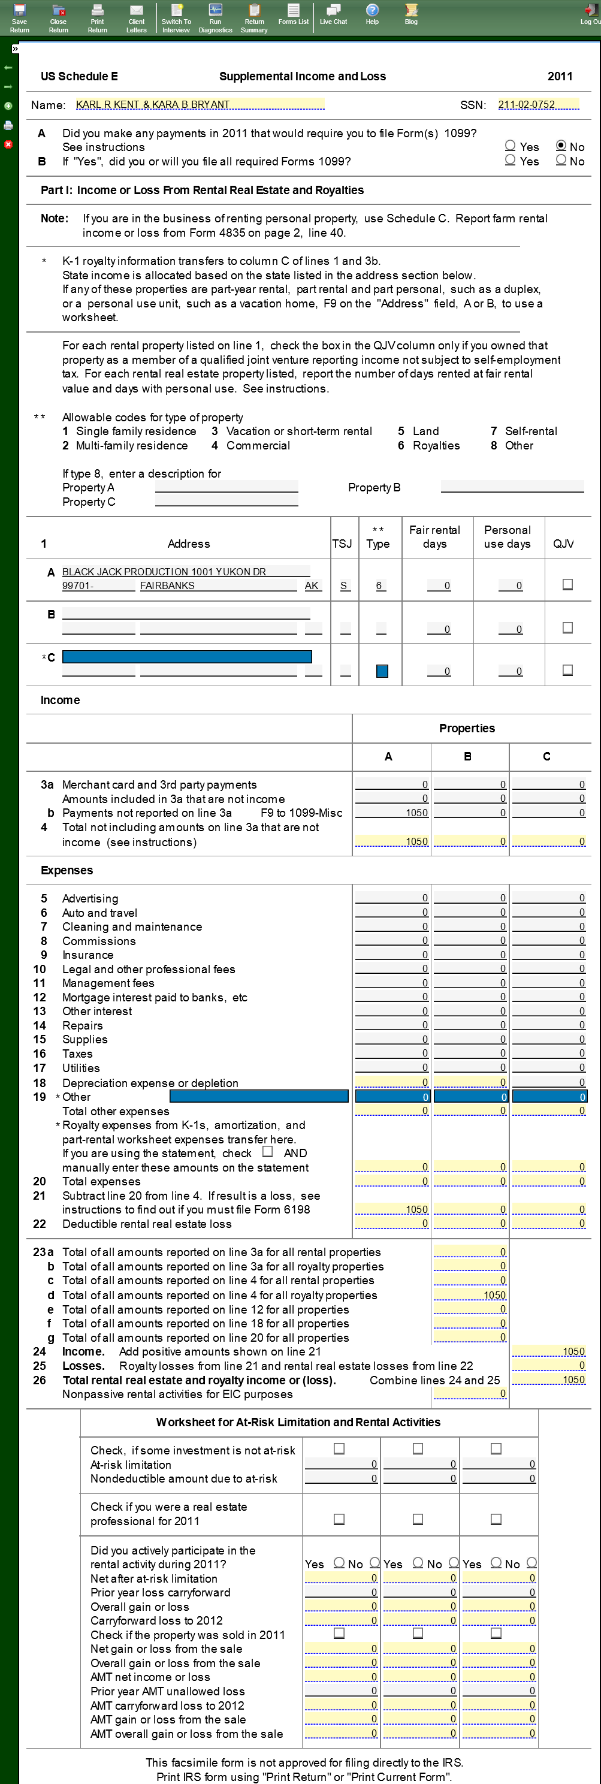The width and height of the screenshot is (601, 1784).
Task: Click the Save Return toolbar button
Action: tap(19, 18)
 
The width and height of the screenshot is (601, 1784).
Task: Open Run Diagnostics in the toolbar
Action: tap(215, 18)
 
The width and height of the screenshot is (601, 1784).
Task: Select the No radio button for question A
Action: tap(561, 146)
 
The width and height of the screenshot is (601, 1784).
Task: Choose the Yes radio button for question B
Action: tap(511, 161)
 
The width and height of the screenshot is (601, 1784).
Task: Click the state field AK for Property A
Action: tap(312, 586)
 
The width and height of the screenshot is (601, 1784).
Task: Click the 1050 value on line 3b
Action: tap(392, 813)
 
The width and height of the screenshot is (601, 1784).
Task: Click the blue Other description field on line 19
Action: tap(259, 1096)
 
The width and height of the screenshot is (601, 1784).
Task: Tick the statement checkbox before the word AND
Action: tap(268, 1152)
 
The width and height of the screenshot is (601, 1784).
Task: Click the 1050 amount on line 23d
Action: tap(470, 1295)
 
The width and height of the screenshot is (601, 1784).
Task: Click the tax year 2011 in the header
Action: tap(560, 76)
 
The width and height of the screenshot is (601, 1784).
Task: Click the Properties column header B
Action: tap(468, 756)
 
